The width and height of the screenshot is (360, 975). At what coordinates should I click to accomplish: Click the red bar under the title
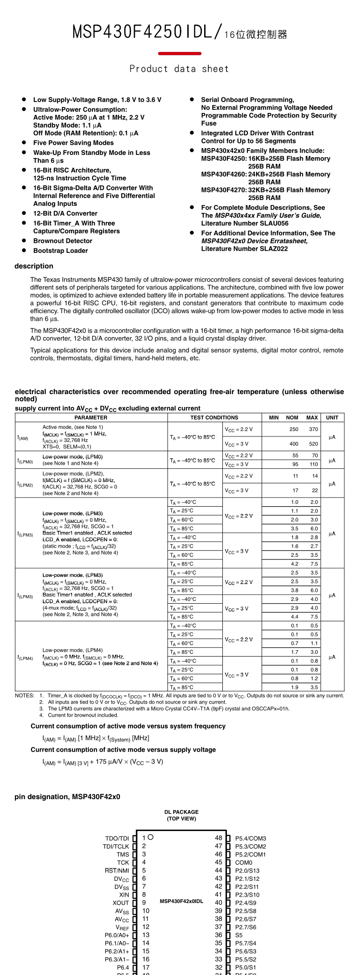click(180, 54)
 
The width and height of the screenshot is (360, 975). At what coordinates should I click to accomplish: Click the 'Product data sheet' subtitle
click(179, 69)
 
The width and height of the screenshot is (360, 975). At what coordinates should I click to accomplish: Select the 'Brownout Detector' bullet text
click(62, 241)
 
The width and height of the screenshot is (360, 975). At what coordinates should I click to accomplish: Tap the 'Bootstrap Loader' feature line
click(60, 251)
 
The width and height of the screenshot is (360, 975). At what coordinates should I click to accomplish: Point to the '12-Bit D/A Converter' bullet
click(65, 213)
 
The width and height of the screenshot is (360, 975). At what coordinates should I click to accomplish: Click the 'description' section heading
click(34, 266)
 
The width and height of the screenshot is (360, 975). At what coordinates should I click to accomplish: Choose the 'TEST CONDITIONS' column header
click(214, 417)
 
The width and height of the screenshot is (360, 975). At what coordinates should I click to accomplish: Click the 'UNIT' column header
click(332, 417)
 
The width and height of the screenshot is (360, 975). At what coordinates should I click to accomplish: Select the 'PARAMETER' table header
click(91, 417)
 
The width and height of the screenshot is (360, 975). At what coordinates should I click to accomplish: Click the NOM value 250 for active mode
click(294, 429)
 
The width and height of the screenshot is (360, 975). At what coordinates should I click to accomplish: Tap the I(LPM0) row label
click(25, 461)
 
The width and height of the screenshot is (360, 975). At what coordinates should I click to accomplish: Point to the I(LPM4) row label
click(25, 657)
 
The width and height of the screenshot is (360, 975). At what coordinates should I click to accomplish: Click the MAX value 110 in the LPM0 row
click(314, 464)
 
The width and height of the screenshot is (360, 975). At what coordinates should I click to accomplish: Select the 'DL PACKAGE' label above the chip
click(181, 812)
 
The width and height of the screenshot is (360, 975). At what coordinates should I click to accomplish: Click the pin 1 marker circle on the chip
click(151, 837)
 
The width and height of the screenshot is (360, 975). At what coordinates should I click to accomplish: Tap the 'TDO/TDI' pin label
click(117, 838)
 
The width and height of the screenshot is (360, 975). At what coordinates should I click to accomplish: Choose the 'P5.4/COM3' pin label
click(251, 838)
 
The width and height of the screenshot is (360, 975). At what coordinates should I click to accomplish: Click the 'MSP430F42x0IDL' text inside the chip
click(181, 901)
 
